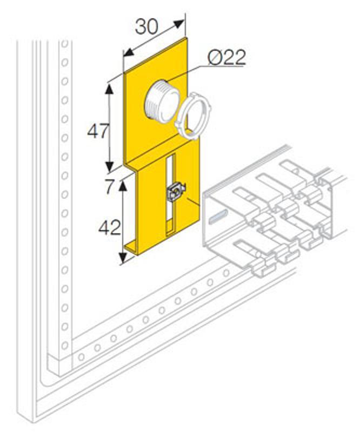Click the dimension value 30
click(x=147, y=26)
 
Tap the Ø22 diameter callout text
click(x=227, y=58)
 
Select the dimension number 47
click(x=98, y=131)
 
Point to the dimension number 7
click(x=109, y=186)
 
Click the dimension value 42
click(x=110, y=227)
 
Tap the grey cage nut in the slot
click(x=176, y=192)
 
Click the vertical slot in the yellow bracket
click(x=170, y=195)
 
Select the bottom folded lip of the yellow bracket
click(x=132, y=248)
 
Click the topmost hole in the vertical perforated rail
click(x=64, y=44)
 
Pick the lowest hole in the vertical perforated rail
click(x=64, y=345)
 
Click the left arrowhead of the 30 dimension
click(x=129, y=52)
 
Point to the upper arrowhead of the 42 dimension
click(x=123, y=185)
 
